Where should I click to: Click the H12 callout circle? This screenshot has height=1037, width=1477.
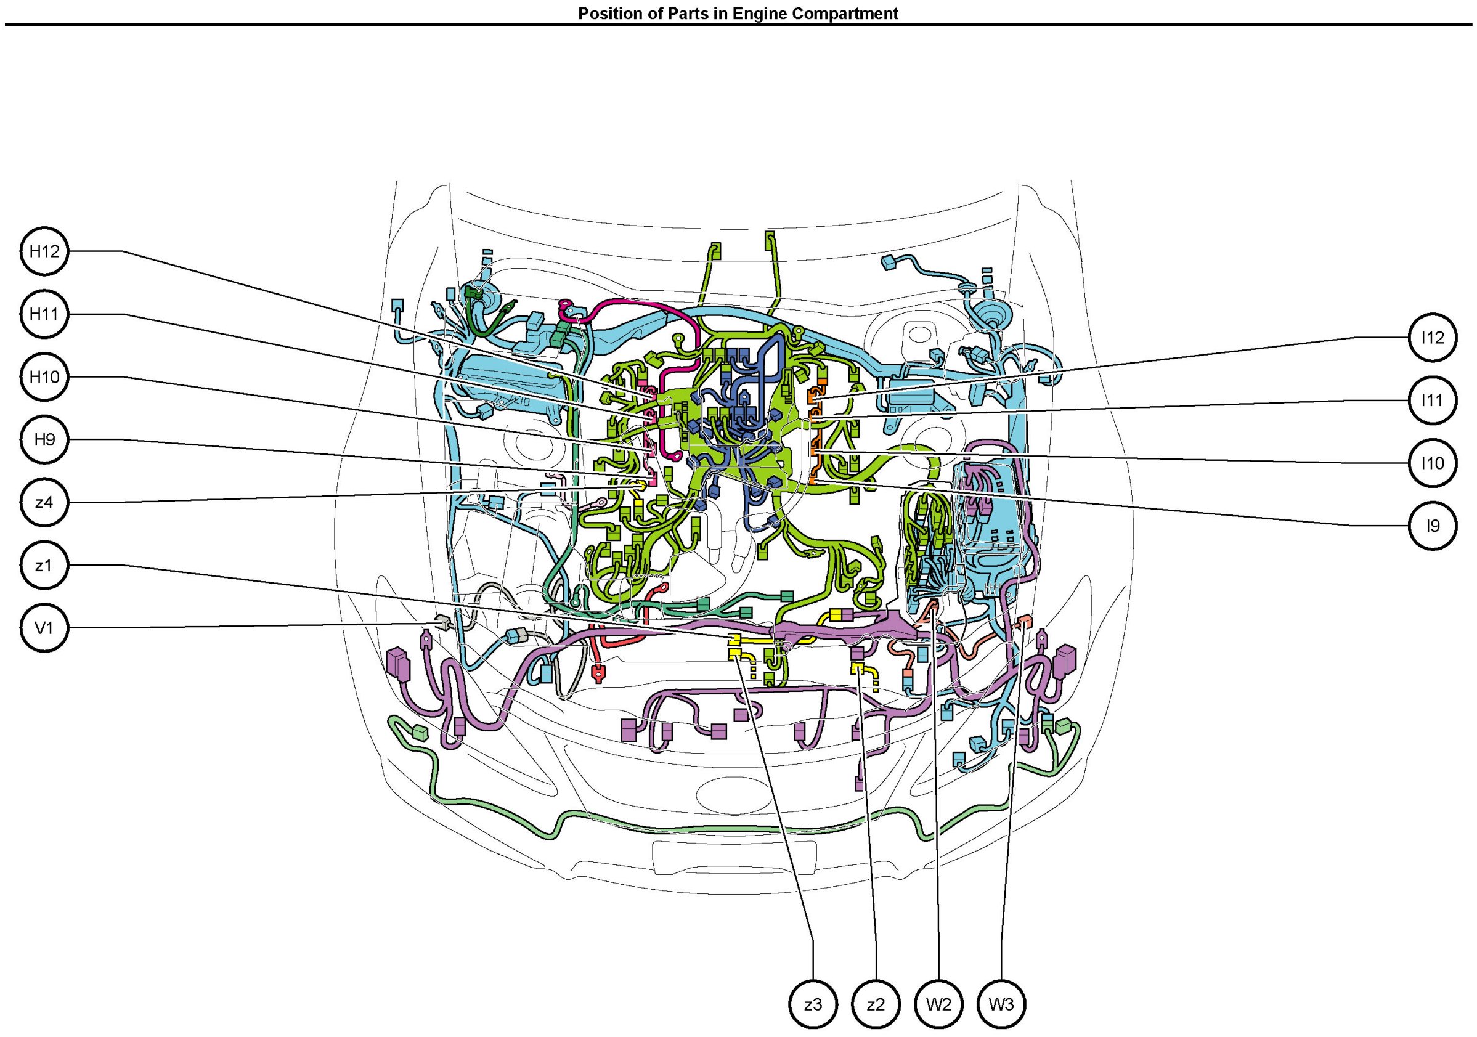point(44,251)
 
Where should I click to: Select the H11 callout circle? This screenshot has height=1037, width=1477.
point(44,314)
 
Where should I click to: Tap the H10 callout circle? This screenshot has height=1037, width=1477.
point(44,377)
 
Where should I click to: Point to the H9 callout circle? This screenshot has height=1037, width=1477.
point(44,440)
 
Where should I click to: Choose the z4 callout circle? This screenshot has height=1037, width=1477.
point(44,502)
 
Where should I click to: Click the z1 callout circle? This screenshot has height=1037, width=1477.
point(44,566)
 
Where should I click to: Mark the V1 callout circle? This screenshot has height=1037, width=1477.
point(44,628)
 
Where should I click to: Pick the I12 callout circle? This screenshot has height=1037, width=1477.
point(1433,338)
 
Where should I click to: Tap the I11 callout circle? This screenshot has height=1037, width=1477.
point(1433,400)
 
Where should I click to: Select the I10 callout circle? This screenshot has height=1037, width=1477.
point(1433,463)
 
